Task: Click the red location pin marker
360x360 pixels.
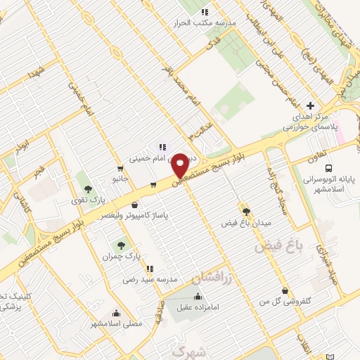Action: (x=181, y=165)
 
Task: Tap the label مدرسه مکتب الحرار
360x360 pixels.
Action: (x=205, y=22)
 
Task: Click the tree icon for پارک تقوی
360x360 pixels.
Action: (x=88, y=188)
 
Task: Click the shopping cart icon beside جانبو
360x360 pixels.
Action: (x=121, y=169)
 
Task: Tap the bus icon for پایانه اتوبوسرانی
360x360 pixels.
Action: (x=328, y=167)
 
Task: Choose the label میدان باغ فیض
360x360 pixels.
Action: (x=245, y=224)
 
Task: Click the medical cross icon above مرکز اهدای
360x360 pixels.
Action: (x=311, y=105)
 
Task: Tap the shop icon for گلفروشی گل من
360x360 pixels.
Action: (x=283, y=291)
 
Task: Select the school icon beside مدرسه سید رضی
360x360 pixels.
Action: (x=149, y=268)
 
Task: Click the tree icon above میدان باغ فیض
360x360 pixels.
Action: (x=245, y=211)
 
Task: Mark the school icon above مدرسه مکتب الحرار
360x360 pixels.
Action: (x=205, y=11)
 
